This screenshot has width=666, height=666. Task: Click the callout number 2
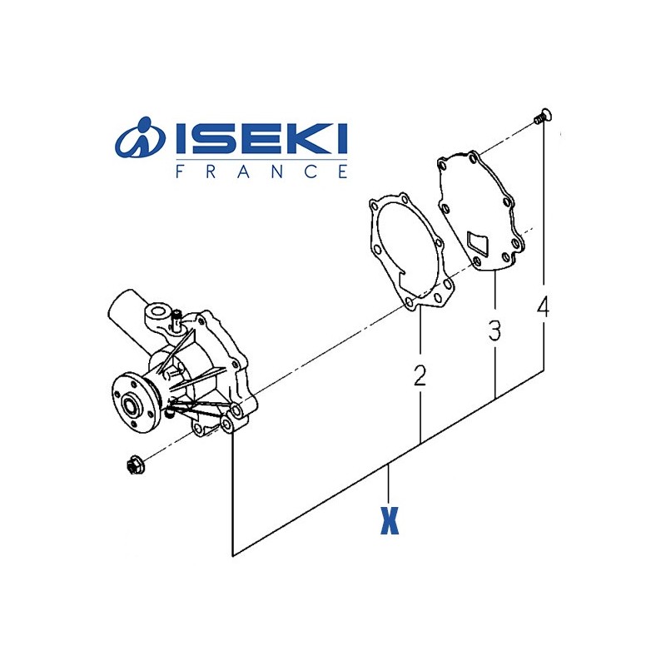[420, 376]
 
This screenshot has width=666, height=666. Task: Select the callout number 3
[495, 331]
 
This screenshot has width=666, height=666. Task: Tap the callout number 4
[544, 307]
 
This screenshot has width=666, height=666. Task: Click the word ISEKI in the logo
[261, 138]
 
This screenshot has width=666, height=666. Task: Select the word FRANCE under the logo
[261, 171]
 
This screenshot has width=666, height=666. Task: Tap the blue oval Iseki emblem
[140, 137]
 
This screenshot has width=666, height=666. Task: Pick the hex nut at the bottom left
[136, 465]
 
